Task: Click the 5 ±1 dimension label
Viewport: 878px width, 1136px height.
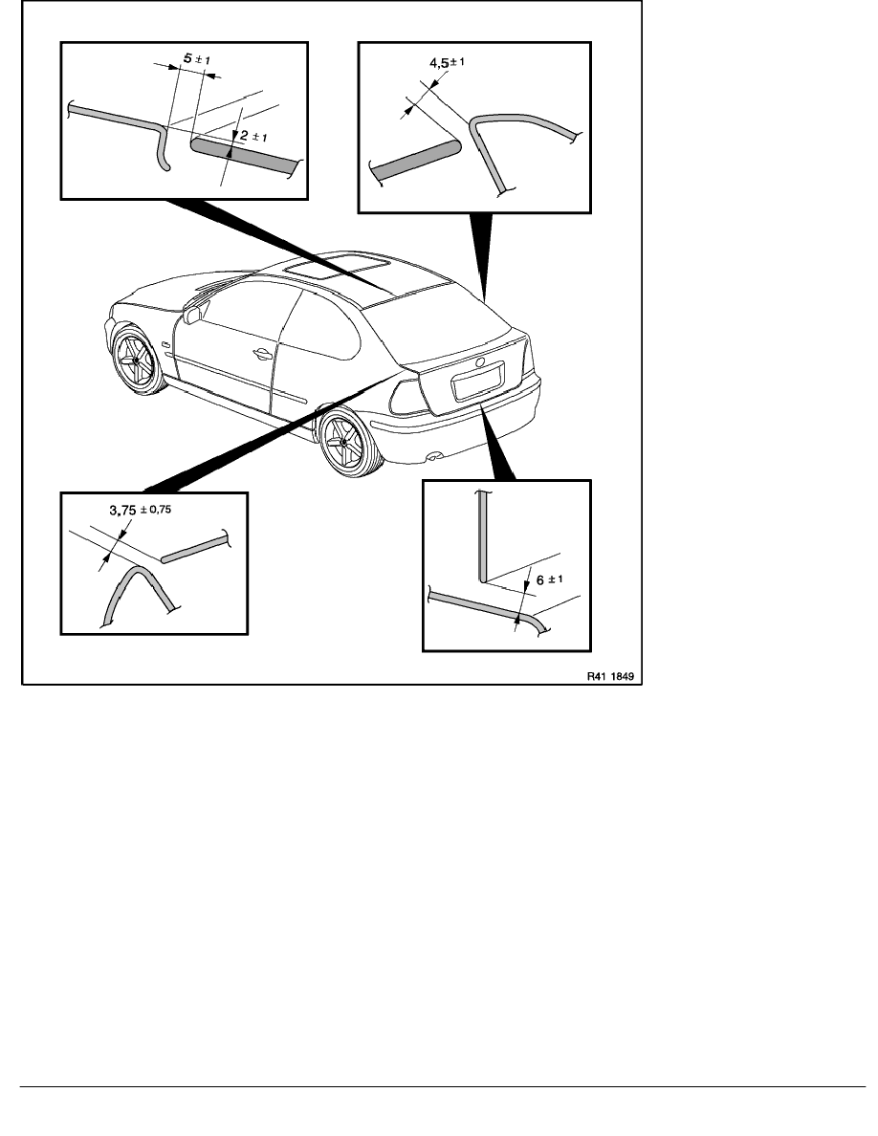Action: pyautogui.click(x=196, y=58)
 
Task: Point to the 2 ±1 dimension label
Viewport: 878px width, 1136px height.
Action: pyautogui.click(x=253, y=136)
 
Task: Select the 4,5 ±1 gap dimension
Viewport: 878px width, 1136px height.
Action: pyautogui.click(x=447, y=63)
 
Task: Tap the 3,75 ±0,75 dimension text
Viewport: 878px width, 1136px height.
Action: pyautogui.click(x=141, y=510)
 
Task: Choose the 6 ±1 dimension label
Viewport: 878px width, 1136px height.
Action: pyautogui.click(x=549, y=579)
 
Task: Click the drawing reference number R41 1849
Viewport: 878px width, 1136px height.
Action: pyautogui.click(x=610, y=677)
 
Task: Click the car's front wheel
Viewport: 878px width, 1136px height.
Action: pyautogui.click(x=137, y=360)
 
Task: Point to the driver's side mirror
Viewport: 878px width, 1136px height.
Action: pyautogui.click(x=192, y=316)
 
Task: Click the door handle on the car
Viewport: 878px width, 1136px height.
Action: pyautogui.click(x=262, y=354)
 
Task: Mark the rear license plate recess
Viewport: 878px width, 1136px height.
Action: pyautogui.click(x=478, y=381)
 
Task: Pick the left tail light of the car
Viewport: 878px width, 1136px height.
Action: pyautogui.click(x=407, y=397)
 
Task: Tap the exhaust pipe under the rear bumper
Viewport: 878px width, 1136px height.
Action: pyautogui.click(x=433, y=456)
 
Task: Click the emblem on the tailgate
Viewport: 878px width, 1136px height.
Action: pyautogui.click(x=479, y=361)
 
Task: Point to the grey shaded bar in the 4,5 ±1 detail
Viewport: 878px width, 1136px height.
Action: pyautogui.click(x=415, y=161)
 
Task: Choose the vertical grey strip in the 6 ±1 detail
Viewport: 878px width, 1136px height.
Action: pyautogui.click(x=482, y=536)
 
